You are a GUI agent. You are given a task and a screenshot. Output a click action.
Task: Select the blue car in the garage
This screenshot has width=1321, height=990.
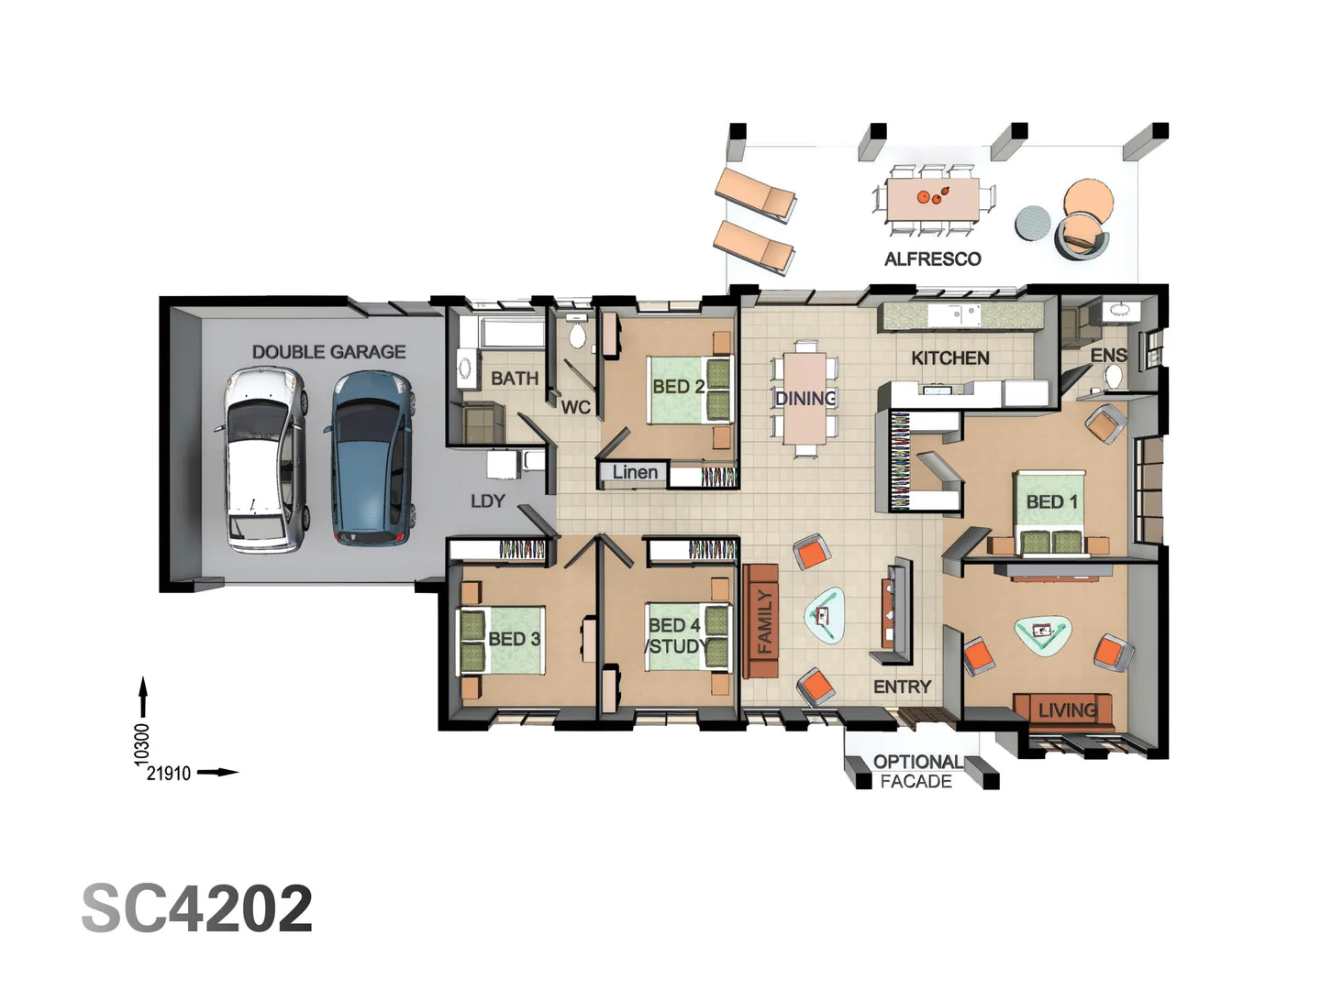pos(371,458)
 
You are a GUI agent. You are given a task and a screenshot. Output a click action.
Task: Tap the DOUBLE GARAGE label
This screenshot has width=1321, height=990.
pos(328,352)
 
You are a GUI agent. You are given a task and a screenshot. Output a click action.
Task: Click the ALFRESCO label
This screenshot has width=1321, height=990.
pos(932,259)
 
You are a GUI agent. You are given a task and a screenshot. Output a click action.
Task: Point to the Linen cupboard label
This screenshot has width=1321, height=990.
pos(635,472)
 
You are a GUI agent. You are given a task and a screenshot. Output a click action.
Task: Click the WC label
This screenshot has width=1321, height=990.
pos(575,408)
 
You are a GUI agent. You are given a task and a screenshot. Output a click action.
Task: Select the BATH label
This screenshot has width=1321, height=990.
pos(515,378)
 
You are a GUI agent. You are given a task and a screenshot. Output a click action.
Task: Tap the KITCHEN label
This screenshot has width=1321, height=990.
pos(950,358)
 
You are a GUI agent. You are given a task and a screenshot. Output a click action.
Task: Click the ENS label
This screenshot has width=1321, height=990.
pos(1108,356)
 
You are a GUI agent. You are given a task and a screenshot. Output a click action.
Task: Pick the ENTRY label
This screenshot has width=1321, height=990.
pos(902,687)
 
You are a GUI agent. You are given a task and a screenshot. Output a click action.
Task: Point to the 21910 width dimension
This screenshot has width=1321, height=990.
pos(169,774)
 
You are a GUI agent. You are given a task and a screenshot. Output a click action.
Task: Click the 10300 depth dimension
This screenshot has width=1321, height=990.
pos(141,745)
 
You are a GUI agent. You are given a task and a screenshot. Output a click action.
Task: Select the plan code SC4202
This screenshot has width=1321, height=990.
pos(197,907)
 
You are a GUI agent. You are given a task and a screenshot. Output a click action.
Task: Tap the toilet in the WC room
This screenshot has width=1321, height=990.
pos(576,335)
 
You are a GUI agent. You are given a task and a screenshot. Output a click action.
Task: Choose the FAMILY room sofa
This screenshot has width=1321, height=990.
pos(760,621)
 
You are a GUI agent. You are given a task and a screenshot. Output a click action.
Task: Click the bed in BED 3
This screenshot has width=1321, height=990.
pos(503,641)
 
